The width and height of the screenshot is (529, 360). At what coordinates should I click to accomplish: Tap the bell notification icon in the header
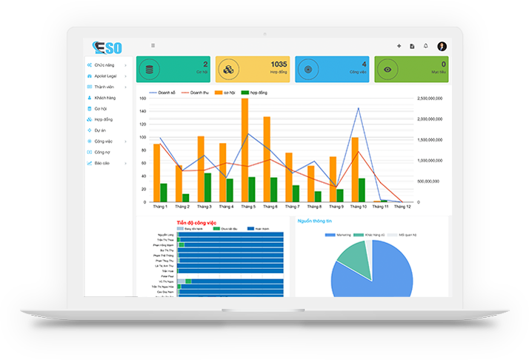[x=426, y=46]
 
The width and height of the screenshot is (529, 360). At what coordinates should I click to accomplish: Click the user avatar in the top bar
[x=442, y=46]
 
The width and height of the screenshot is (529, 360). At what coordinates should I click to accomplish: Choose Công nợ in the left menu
[x=102, y=152]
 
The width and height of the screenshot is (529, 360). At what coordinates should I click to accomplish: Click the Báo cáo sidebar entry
[x=102, y=163]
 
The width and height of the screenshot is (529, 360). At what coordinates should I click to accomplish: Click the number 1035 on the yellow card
[x=279, y=64]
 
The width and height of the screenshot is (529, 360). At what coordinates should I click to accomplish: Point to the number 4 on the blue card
[x=364, y=64]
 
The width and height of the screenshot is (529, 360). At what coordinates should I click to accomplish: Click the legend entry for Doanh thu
[x=195, y=93]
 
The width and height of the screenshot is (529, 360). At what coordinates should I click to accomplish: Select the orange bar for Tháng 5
[x=244, y=148]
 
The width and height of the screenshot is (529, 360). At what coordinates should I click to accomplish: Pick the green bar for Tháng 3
[x=207, y=187]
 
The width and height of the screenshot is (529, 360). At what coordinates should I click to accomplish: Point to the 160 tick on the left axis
[x=143, y=99]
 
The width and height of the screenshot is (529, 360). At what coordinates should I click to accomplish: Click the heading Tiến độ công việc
[x=196, y=222]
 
